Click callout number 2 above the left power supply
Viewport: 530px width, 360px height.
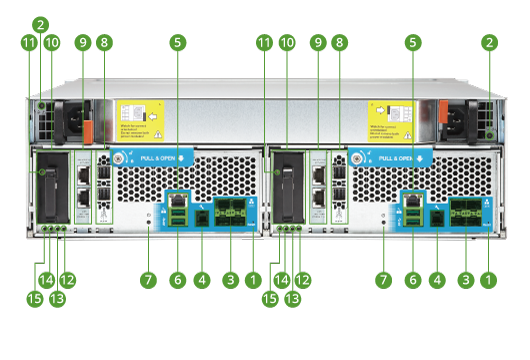[40, 23]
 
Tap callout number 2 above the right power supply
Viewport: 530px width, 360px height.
[489, 42]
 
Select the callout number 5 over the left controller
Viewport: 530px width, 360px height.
[177, 42]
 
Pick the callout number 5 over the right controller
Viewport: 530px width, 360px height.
[413, 42]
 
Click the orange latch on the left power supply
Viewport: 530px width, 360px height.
[86, 131]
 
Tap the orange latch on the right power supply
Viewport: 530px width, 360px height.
[437, 130]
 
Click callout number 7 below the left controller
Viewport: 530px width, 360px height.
[148, 280]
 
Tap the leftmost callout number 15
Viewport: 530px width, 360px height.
[35, 298]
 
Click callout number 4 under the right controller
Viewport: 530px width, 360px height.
[436, 280]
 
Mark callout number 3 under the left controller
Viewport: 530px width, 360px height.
[231, 280]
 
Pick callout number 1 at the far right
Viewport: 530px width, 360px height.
[489, 280]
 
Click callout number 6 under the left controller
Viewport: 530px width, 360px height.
[177, 280]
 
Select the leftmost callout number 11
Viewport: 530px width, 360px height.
[28, 42]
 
